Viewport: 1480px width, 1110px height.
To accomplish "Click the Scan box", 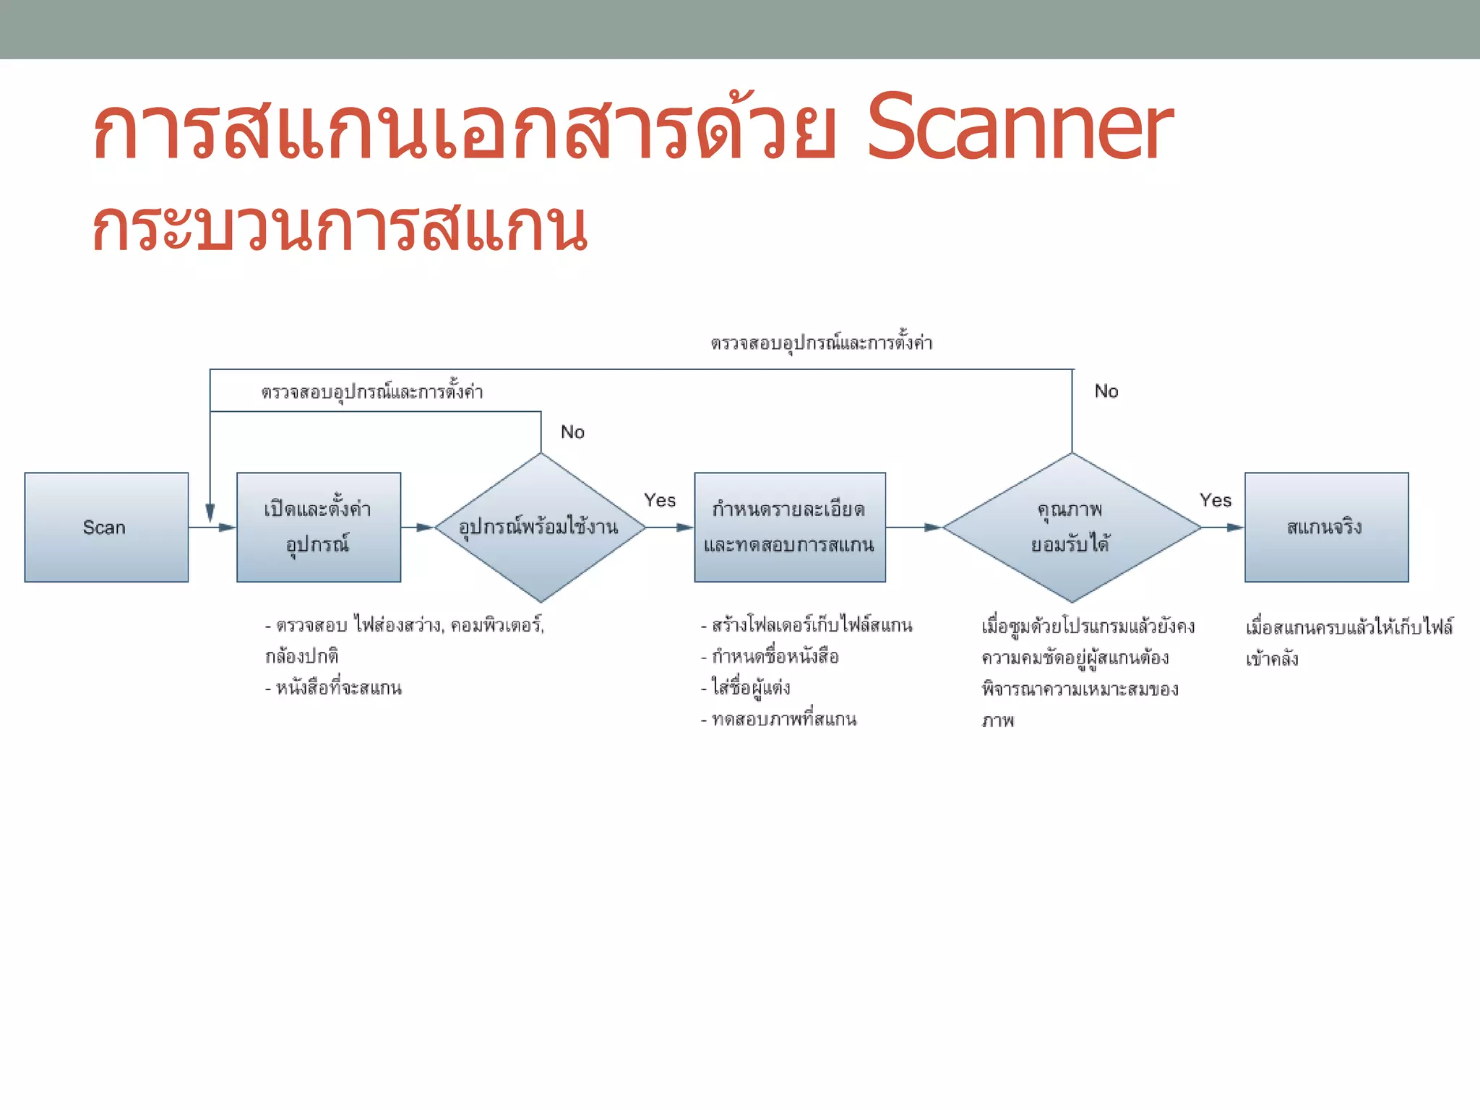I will (x=106, y=527).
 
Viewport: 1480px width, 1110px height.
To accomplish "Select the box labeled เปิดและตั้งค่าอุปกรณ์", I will (x=319, y=527).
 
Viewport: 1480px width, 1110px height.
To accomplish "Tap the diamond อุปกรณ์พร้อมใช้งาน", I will (x=540, y=527).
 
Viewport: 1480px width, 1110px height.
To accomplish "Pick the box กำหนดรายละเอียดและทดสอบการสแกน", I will (x=790, y=527).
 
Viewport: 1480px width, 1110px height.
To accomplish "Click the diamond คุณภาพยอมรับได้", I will (x=1072, y=527).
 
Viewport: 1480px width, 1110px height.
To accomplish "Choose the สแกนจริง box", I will (x=1326, y=527).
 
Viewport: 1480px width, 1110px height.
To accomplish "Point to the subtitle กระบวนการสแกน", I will (x=340, y=227).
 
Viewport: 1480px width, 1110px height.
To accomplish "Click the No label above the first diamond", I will (x=572, y=432).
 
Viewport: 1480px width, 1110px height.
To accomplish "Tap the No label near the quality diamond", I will (x=1106, y=391).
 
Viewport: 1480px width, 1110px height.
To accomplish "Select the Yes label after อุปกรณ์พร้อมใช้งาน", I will (x=660, y=500).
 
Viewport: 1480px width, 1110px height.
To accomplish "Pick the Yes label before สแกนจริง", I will (x=1216, y=500).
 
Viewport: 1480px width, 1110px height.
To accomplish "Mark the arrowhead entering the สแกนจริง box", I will (x=1235, y=528).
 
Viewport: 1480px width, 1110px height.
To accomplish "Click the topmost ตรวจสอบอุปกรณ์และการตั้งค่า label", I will (x=822, y=343).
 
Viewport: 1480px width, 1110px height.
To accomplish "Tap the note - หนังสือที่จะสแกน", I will (x=333, y=687).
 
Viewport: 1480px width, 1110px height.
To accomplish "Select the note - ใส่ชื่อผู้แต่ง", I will (x=746, y=687).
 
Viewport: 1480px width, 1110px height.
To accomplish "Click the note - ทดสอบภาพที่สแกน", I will (x=779, y=719).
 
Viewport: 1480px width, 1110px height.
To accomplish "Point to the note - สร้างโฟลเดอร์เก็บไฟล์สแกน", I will (x=806, y=625).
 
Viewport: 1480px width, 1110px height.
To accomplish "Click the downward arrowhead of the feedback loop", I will (x=210, y=512).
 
